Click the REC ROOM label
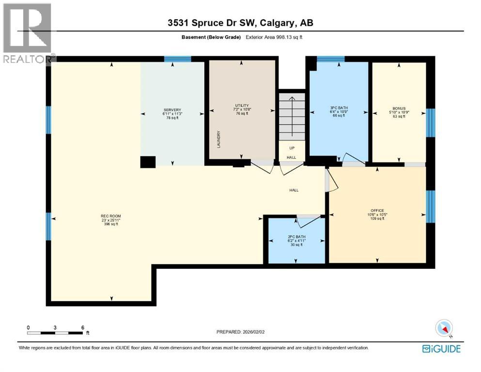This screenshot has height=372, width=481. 110,216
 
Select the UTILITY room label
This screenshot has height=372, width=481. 242,106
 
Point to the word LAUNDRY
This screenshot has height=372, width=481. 219,139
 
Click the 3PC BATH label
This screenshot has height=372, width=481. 339,108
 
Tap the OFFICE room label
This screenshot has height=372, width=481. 377,210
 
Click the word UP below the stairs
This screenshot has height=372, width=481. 292,148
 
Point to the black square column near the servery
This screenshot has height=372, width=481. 148,162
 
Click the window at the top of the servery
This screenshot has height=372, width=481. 177,59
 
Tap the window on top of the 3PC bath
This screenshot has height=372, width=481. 330,59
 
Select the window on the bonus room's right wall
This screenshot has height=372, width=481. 430,123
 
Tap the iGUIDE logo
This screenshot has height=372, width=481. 441,349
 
